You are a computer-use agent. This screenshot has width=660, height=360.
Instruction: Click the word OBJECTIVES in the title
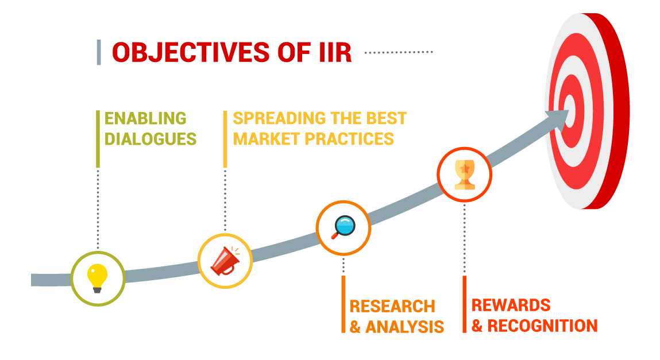click(x=191, y=53)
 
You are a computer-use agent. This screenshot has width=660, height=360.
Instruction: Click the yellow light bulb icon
click(x=97, y=278)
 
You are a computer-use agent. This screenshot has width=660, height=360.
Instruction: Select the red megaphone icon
click(x=225, y=261)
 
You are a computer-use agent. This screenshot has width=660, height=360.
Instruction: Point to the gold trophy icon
click(x=465, y=174)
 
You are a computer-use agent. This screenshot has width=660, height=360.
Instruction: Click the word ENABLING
click(x=145, y=119)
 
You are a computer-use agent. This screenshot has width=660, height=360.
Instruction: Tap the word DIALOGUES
click(x=150, y=139)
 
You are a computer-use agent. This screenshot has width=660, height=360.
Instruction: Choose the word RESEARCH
click(x=392, y=307)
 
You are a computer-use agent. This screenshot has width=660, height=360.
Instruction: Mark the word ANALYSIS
click(x=404, y=327)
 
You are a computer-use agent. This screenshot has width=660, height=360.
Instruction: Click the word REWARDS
click(x=511, y=305)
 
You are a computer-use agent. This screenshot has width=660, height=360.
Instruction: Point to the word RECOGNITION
click(x=542, y=326)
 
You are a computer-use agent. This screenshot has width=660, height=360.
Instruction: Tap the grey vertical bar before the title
click(x=99, y=53)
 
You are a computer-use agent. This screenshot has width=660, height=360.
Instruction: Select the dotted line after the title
click(x=399, y=53)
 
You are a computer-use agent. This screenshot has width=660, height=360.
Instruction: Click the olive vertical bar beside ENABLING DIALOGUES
click(x=98, y=139)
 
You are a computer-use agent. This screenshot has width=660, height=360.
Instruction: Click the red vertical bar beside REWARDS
click(x=465, y=304)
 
